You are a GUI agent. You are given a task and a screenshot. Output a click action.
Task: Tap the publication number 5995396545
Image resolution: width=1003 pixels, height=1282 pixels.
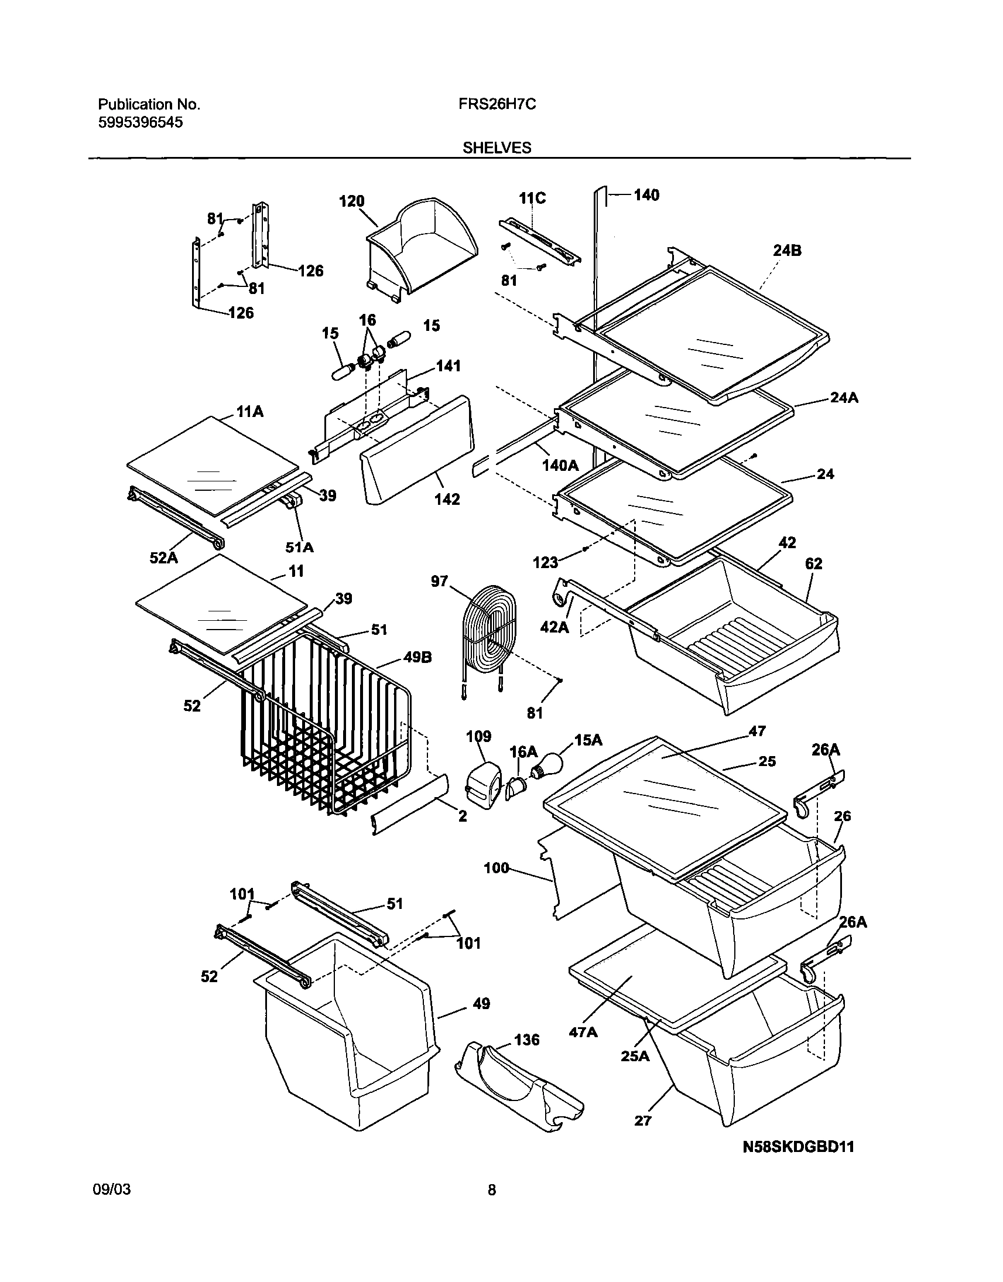pos(140,122)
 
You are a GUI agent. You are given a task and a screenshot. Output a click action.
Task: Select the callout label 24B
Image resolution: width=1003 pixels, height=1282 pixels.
pos(787,251)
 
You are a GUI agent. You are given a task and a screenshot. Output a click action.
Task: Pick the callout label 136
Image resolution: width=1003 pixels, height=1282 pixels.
pos(526,1040)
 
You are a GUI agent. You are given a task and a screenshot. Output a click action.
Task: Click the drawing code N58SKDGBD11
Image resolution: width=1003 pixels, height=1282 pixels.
pos(799,1146)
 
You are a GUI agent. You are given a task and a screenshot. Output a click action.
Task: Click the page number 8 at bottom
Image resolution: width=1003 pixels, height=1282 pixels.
pos(491,1191)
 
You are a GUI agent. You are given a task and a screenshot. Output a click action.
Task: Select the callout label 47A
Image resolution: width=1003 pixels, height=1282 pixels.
pos(583,1032)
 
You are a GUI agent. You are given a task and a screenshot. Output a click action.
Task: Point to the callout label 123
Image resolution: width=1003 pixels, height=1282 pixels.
pos(545,563)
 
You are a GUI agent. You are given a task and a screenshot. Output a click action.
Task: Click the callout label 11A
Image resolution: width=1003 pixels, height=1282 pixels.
pos(249,412)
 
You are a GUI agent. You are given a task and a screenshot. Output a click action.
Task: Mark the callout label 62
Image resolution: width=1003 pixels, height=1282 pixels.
pos(813,564)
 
